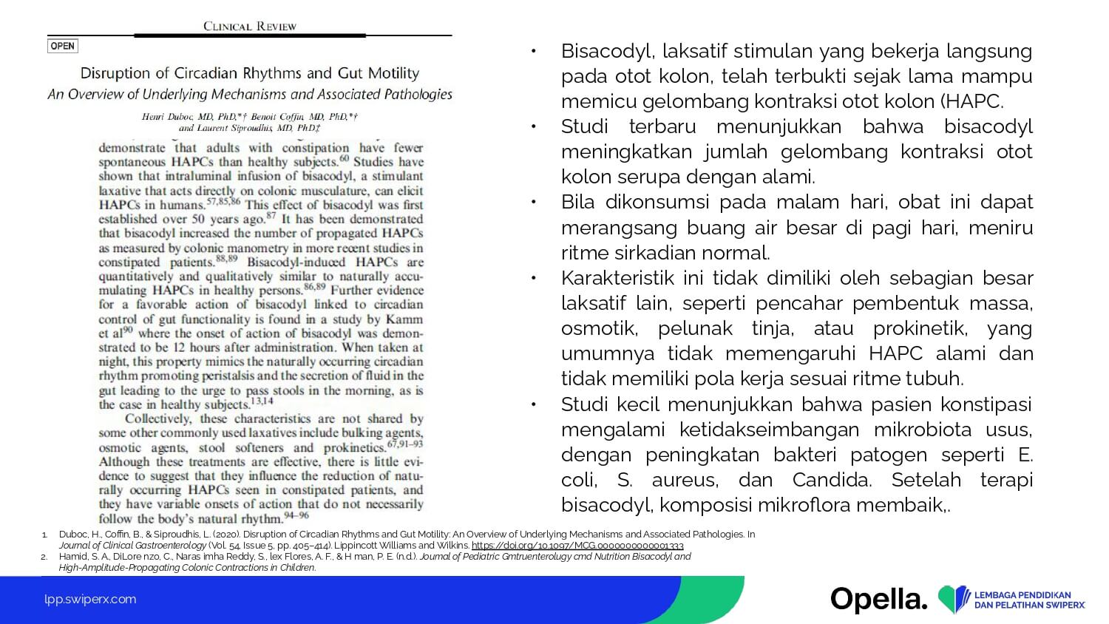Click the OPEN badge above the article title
tap(63, 46)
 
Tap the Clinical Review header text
tap(250, 26)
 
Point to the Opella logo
tap(878, 599)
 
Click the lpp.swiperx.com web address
tap(90, 599)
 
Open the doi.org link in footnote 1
tap(577, 546)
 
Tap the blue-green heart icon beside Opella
tap(954, 600)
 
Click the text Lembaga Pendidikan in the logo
tap(1023, 594)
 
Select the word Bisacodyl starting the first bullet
tap(608, 51)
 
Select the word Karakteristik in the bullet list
tap(617, 278)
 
